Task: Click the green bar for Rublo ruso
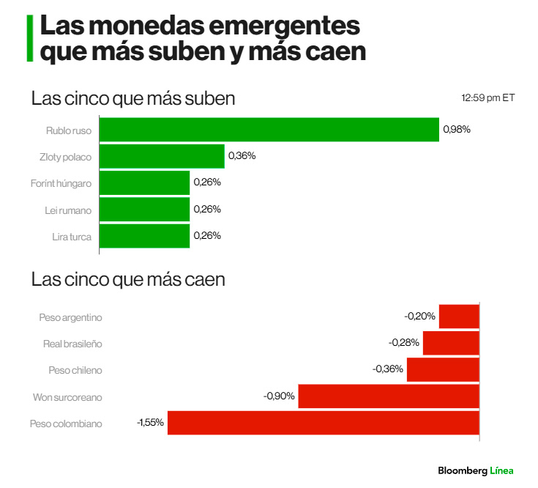click(269, 130)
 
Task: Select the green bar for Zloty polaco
click(162, 156)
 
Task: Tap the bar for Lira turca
click(144, 236)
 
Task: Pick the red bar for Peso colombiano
click(323, 423)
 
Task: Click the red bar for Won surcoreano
click(389, 396)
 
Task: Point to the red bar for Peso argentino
click(459, 317)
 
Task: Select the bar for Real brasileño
click(451, 343)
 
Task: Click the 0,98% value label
click(457, 130)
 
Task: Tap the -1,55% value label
click(150, 423)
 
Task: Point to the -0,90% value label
click(279, 396)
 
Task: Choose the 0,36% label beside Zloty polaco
click(242, 156)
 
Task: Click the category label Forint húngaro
click(62, 182)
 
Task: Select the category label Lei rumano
click(67, 210)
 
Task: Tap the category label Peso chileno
click(75, 370)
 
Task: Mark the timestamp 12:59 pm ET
click(487, 97)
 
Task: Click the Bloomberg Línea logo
click(476, 470)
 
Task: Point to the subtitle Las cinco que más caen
click(128, 279)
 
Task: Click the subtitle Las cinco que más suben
click(133, 99)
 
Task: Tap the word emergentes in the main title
click(284, 26)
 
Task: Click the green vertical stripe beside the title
click(29, 38)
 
